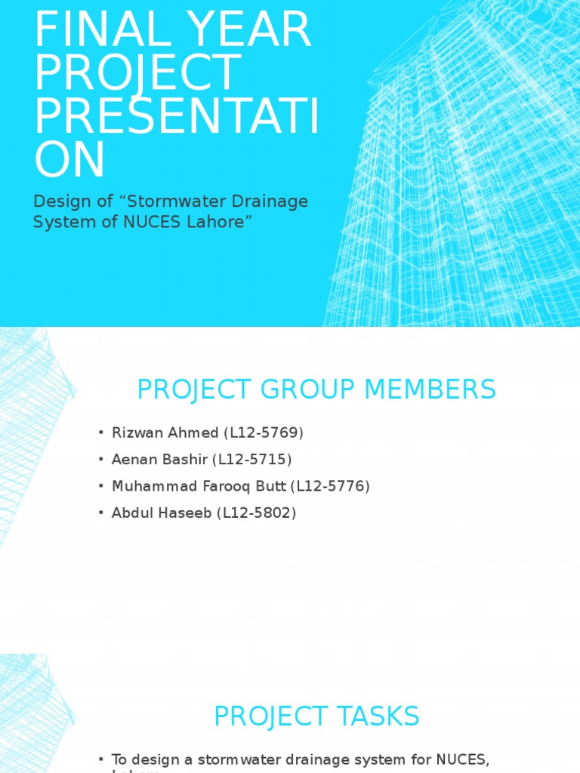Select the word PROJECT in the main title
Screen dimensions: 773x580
click(x=137, y=73)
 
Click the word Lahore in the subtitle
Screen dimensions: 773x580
click(x=219, y=222)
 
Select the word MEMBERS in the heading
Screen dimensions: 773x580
click(x=430, y=390)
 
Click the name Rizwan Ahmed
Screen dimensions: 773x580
click(x=165, y=433)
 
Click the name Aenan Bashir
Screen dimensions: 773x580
click(x=159, y=460)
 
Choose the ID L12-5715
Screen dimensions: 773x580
click(x=252, y=460)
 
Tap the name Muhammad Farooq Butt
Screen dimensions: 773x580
click(x=199, y=486)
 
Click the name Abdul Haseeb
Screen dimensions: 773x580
click(x=162, y=513)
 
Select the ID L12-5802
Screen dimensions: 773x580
click(x=257, y=513)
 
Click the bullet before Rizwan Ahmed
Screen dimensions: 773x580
click(x=100, y=433)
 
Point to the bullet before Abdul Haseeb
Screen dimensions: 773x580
click(x=100, y=513)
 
